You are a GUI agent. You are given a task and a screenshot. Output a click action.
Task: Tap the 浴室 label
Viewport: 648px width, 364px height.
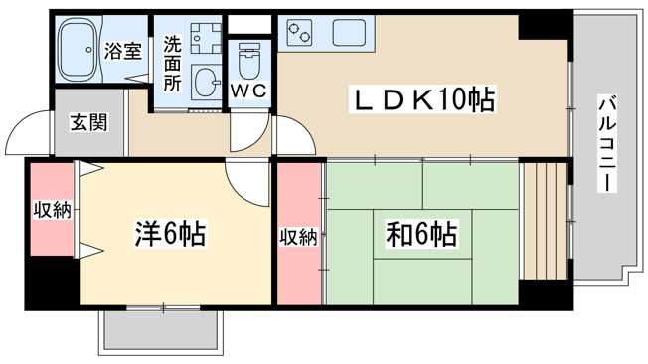click(x=122, y=50)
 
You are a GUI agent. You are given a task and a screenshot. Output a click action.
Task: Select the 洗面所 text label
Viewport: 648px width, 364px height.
click(x=172, y=64)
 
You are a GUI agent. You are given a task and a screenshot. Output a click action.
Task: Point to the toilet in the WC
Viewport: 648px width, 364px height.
click(x=249, y=61)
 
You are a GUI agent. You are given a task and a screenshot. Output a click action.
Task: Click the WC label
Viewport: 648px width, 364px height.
click(x=248, y=91)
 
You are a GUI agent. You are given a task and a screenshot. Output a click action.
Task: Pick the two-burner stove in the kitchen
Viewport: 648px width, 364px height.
click(x=299, y=33)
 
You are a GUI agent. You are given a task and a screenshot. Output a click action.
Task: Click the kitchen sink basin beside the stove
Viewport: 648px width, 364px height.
click(x=349, y=32)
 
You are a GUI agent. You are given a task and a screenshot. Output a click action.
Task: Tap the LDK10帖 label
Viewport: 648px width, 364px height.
click(x=422, y=99)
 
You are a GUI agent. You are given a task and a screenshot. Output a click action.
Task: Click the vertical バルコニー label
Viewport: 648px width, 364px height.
click(x=606, y=143)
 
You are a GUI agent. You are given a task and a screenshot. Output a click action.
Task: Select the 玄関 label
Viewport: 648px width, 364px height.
click(x=88, y=123)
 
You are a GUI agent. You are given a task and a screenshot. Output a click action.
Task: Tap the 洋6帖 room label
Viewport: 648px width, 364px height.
click(x=170, y=234)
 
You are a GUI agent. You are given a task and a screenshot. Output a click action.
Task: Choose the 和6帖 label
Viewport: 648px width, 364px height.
click(x=421, y=234)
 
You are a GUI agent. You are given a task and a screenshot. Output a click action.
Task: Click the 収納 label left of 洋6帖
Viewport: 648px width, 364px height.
click(x=53, y=211)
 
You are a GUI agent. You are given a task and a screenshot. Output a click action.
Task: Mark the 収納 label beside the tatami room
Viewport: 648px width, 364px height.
click(x=299, y=237)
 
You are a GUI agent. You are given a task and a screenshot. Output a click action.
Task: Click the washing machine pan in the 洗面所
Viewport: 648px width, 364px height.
click(x=206, y=38)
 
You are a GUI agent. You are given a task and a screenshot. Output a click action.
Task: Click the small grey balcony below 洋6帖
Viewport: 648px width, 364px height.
click(x=161, y=331)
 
